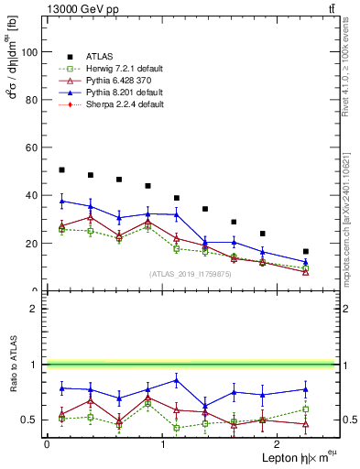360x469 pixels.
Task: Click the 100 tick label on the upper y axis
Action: coord(30,52)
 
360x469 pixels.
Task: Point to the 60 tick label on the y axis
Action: coord(33,147)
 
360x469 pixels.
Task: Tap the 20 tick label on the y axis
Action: coord(33,244)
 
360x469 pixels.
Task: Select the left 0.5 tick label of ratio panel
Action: coord(30,420)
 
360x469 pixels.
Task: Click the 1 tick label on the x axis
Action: coord(162,443)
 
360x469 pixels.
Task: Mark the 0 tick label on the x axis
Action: coord(47,443)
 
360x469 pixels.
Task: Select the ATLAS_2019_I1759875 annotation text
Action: coord(191,274)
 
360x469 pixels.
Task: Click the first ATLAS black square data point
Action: coord(61,169)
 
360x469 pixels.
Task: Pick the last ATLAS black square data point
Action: coord(306,251)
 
